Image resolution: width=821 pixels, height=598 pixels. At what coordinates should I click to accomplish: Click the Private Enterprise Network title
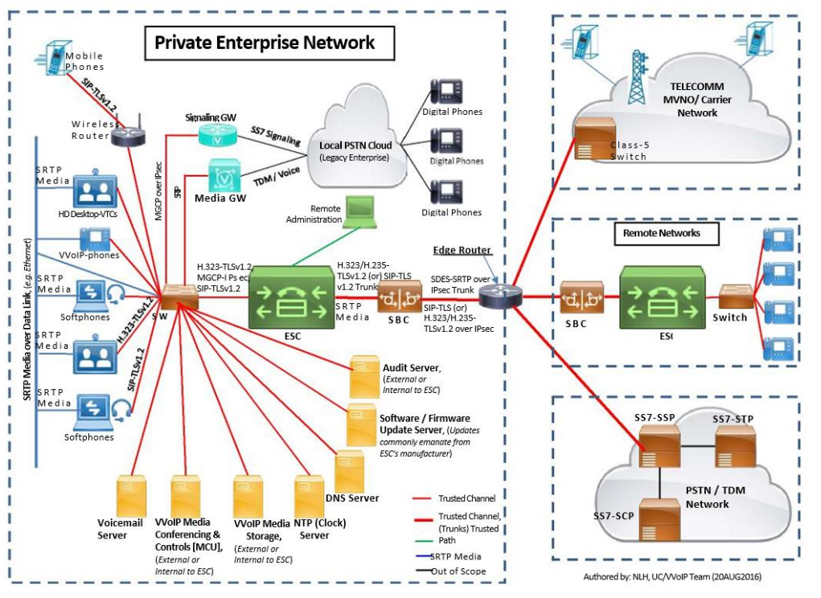(x=265, y=43)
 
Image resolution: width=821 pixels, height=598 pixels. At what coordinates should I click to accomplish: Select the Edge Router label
(x=462, y=250)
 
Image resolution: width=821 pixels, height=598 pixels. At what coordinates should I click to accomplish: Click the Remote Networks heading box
(x=662, y=233)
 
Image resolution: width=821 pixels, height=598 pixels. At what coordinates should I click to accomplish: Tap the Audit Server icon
(x=363, y=375)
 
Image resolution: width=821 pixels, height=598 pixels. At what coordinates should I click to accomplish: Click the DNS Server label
(x=352, y=498)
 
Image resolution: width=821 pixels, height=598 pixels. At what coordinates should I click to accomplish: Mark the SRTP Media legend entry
(x=455, y=556)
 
